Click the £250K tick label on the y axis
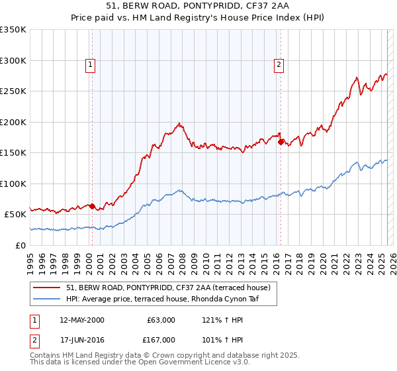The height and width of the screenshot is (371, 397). tap(13, 91)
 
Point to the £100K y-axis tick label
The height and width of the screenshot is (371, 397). tap(13, 184)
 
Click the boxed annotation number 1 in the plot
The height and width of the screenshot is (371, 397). tap(90, 64)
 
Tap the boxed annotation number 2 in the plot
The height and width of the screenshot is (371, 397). tap(279, 64)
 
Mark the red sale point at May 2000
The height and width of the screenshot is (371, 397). tap(92, 206)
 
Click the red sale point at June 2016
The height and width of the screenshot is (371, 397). tap(281, 142)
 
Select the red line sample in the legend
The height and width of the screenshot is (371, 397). tap(47, 288)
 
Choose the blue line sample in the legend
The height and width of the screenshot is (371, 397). tap(47, 299)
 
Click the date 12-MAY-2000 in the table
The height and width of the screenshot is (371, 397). tap(82, 320)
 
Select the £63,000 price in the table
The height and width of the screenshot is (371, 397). tap(161, 320)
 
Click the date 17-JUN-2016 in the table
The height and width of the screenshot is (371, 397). tap(82, 340)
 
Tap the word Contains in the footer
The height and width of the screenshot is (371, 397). tap(47, 356)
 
